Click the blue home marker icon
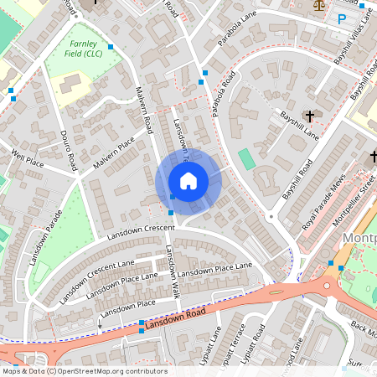(x=188, y=181)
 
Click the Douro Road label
(x=69, y=149)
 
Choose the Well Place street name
(x=27, y=158)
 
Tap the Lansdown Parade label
(x=45, y=244)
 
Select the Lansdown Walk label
(x=172, y=271)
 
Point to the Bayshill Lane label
(x=299, y=125)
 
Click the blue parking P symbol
(x=341, y=18)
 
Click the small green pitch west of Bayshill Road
(x=245, y=158)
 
